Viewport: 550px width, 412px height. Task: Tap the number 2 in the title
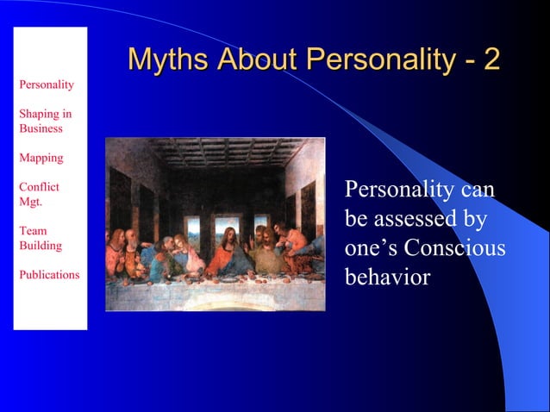[x=491, y=59]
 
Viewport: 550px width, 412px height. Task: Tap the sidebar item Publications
[x=48, y=275]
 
